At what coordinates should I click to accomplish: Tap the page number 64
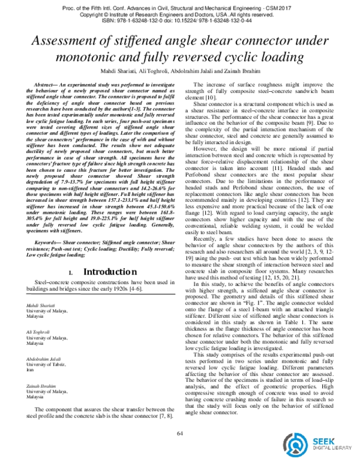(179, 434)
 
